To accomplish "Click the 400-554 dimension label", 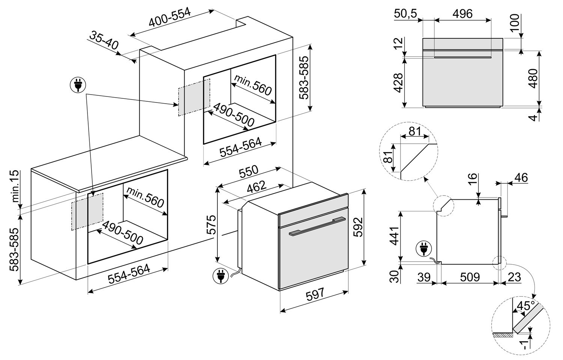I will click(170, 18).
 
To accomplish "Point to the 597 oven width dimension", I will click(315, 295).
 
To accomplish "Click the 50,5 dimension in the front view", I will click(406, 14).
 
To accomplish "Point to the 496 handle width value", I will click(462, 14).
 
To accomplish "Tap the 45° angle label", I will click(525, 306).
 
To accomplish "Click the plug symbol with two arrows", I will click(78, 86).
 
